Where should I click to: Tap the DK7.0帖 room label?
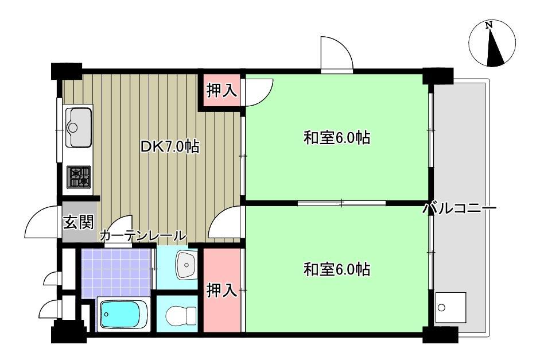pyautogui.click(x=170, y=146)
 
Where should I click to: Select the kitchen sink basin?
pyautogui.click(x=79, y=127)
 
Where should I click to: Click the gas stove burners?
pyautogui.click(x=79, y=177)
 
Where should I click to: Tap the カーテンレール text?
pyautogui.click(x=143, y=235)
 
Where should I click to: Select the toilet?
pyautogui.click(x=179, y=316)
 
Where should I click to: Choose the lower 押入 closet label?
pyautogui.click(x=222, y=291)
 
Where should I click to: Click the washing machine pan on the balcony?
pyautogui.click(x=450, y=308)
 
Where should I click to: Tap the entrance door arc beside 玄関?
pyautogui.click(x=41, y=223)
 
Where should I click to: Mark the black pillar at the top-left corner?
pyautogui.click(x=65, y=70)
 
